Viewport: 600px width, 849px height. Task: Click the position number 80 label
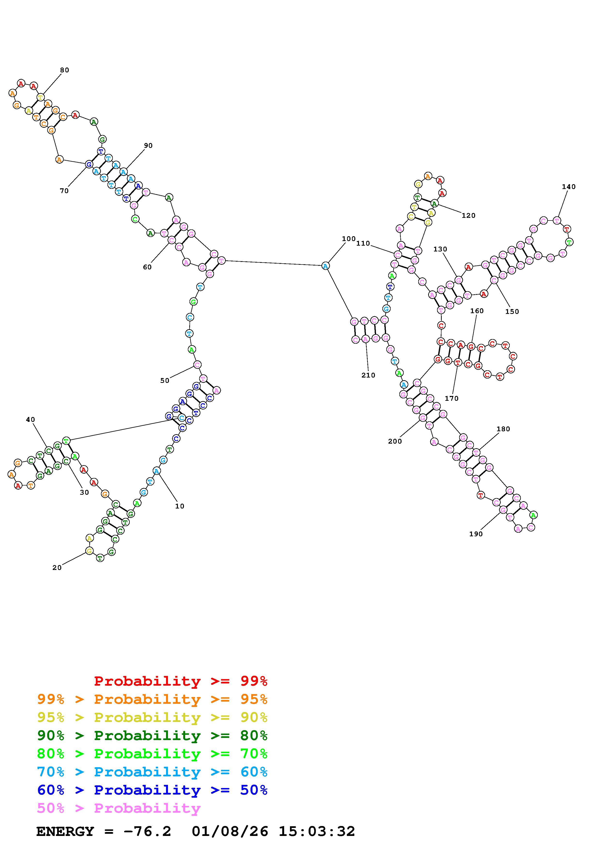(x=64, y=70)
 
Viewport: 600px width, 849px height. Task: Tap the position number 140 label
(x=568, y=187)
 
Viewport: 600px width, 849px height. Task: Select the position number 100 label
(x=348, y=239)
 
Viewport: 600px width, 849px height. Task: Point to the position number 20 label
(x=57, y=568)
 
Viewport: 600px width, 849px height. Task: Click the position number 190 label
(x=476, y=534)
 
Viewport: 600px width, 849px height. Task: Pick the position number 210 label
(x=368, y=375)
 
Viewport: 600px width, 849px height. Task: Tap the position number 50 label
(x=165, y=380)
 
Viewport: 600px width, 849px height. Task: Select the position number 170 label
(x=451, y=398)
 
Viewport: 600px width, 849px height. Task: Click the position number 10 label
(x=180, y=506)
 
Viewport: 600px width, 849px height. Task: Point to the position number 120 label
(x=468, y=216)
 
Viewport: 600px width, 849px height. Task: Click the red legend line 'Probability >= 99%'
(x=181, y=681)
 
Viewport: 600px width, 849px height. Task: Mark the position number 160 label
(x=477, y=311)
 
